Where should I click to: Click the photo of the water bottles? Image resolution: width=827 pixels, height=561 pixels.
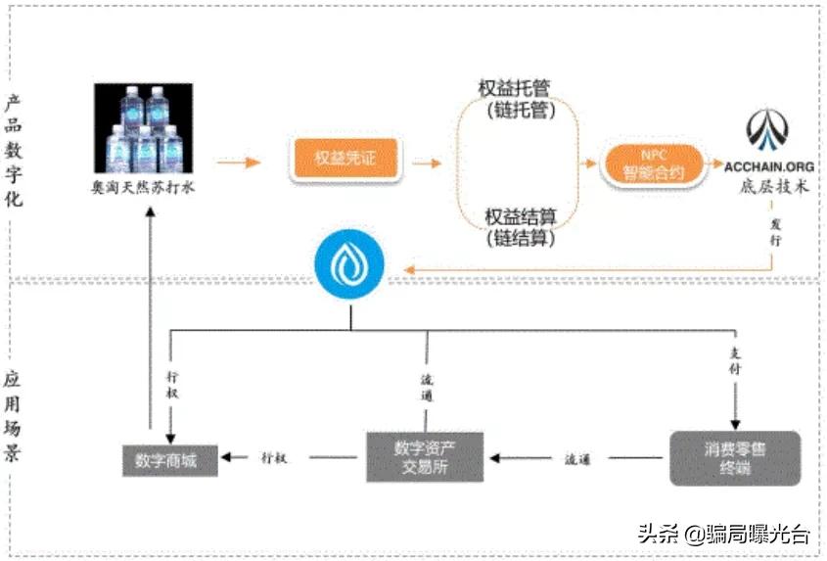(143, 128)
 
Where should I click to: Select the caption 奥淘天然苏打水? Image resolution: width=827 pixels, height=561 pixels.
(143, 186)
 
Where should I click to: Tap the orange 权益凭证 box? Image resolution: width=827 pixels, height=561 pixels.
(345, 159)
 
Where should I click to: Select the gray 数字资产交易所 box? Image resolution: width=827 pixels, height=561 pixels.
(425, 456)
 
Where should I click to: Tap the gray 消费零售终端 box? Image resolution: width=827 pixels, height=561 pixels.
(735, 457)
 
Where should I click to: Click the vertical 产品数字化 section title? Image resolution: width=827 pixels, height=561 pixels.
(14, 151)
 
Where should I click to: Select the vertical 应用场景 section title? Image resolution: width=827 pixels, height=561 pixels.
(14, 416)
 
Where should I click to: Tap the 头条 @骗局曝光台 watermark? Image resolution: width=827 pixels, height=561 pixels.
(723, 534)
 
